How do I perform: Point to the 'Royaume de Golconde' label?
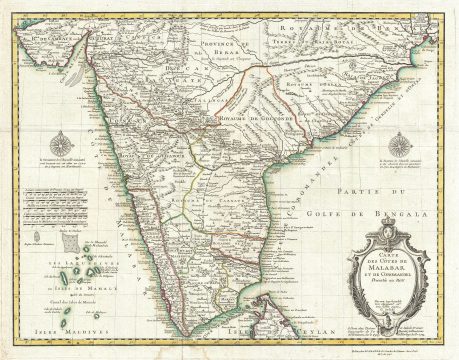235,119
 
